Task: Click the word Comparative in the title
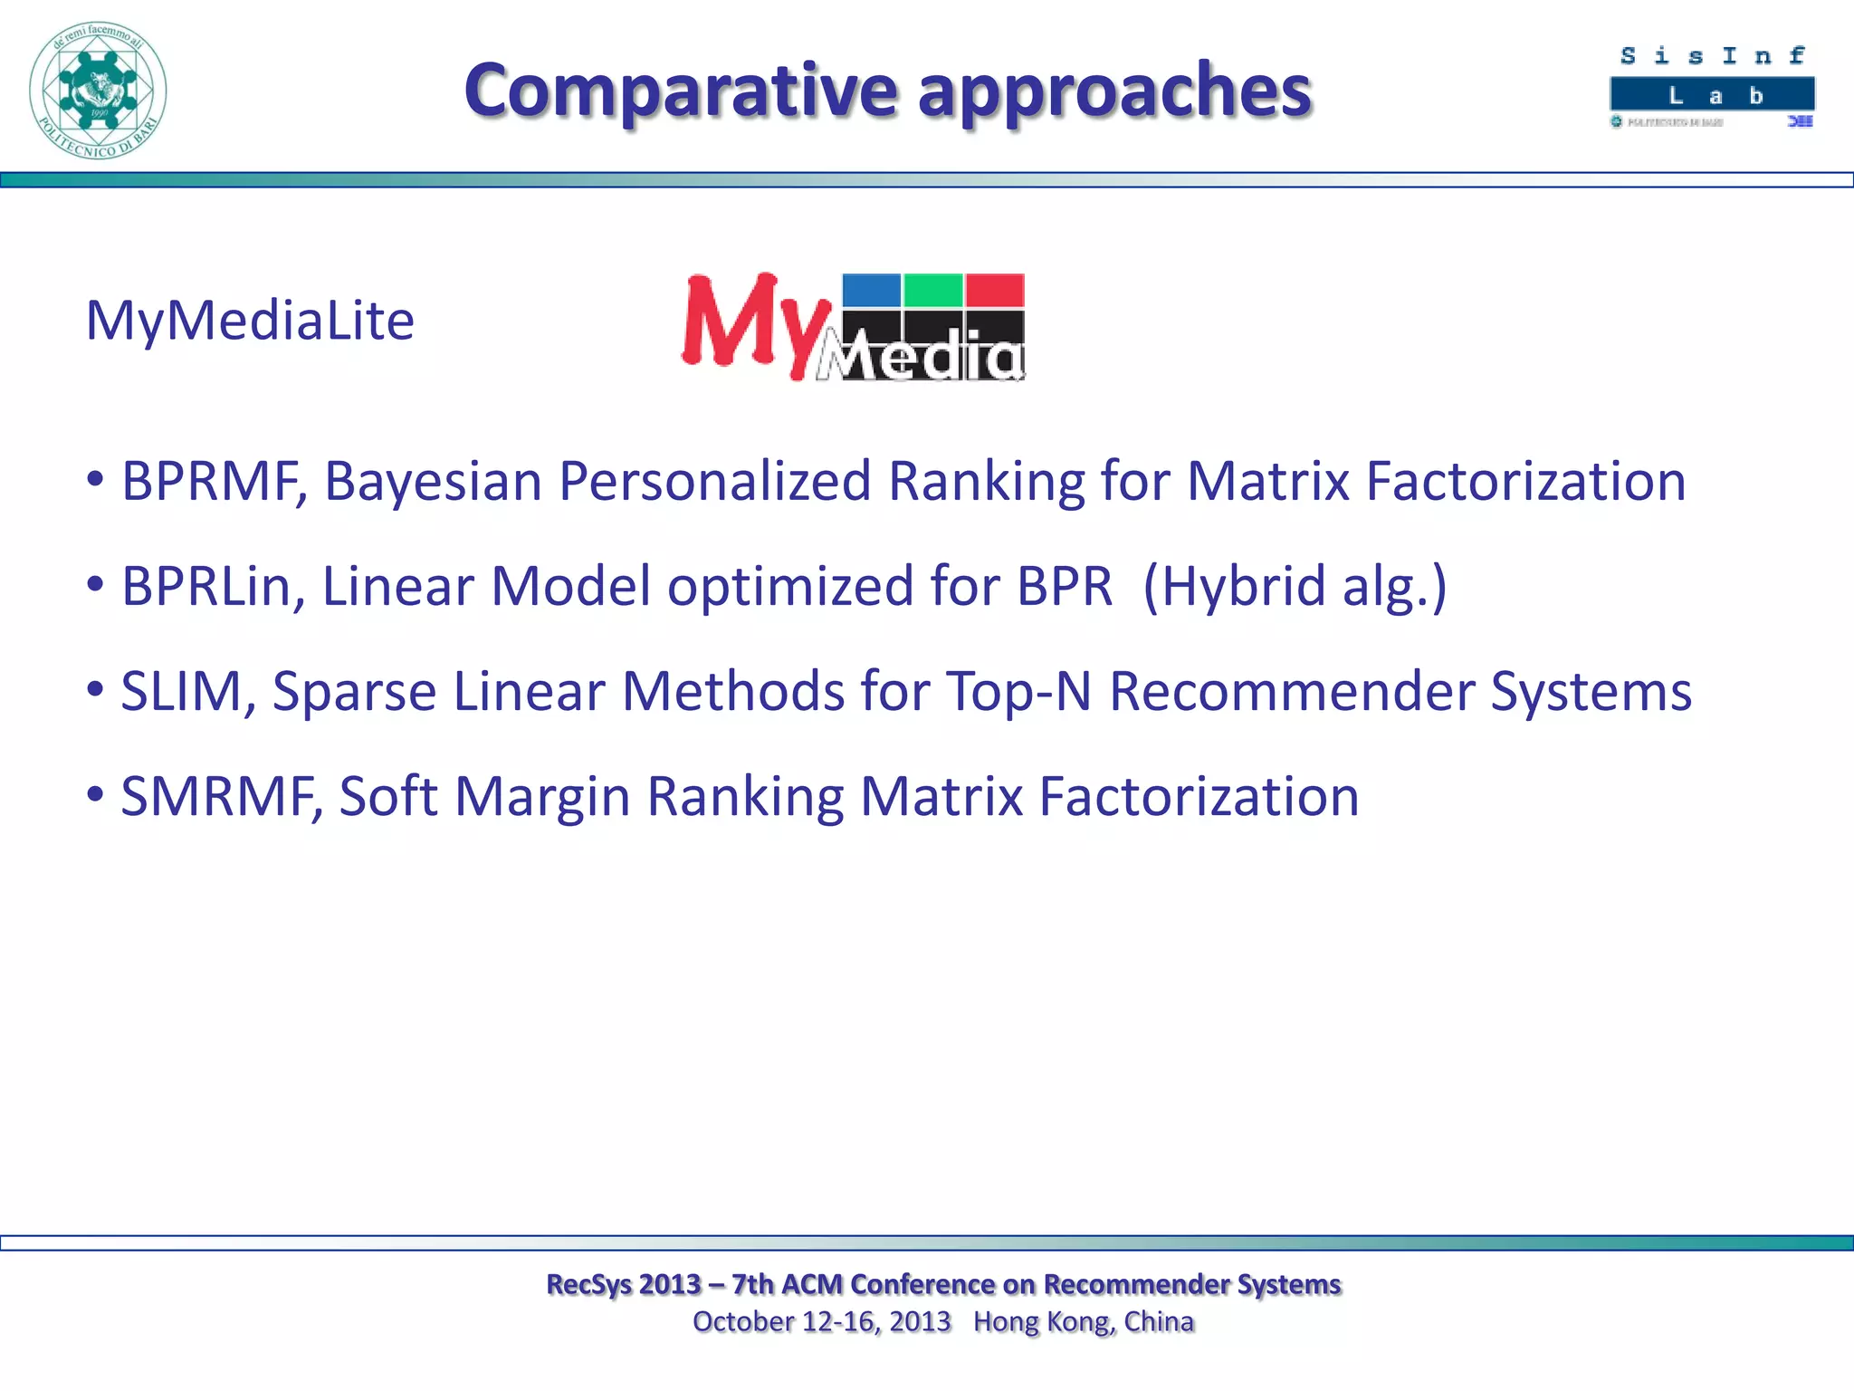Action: pyautogui.click(x=679, y=91)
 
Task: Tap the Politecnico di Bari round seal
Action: pyautogui.click(x=98, y=91)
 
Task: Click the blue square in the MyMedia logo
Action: pyautogui.click(x=871, y=291)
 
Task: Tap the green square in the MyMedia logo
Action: pyautogui.click(x=932, y=291)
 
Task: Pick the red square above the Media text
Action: pyautogui.click(x=994, y=291)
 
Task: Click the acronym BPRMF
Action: pyautogui.click(x=214, y=481)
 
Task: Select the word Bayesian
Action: pyautogui.click(x=433, y=481)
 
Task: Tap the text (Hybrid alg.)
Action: pyautogui.click(x=1295, y=587)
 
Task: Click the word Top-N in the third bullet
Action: pyautogui.click(x=1018, y=693)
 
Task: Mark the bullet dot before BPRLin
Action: pyautogui.click(x=95, y=585)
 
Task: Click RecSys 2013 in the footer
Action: pyautogui.click(x=624, y=1284)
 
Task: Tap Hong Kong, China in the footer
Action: pyautogui.click(x=1084, y=1322)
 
